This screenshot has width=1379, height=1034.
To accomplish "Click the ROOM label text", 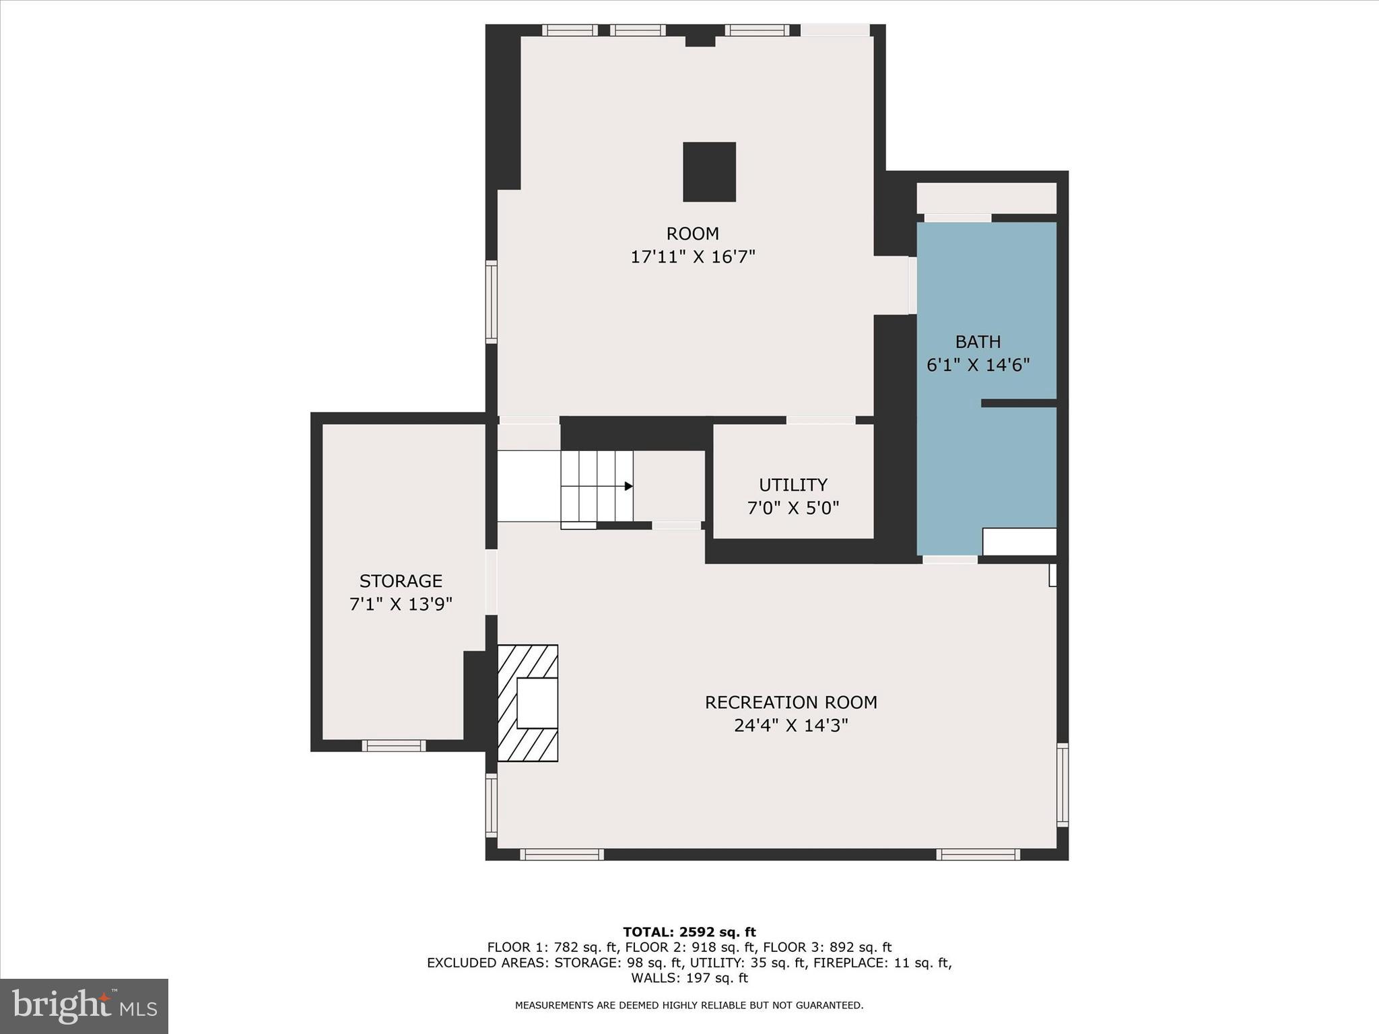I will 692,234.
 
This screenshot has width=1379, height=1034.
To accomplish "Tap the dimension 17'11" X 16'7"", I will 692,257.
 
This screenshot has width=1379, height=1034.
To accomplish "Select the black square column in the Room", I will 709,172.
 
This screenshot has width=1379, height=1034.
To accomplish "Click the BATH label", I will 978,342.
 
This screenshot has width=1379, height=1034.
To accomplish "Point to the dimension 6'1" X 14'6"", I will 978,365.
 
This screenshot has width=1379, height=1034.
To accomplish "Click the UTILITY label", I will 793,485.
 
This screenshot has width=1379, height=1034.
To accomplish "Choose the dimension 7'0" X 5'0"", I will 793,508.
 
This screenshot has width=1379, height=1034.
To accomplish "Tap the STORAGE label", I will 401,581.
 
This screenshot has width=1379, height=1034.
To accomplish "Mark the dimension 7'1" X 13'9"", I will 401,604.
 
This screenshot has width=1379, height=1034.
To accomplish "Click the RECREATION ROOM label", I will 791,702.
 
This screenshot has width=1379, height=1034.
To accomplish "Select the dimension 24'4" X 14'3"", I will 791,726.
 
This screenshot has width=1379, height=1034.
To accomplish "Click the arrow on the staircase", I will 628,486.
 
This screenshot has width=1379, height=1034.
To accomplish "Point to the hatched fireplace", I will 527,703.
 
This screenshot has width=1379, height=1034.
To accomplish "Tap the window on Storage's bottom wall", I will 394,745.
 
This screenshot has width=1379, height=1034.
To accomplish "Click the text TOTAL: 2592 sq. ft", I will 689,932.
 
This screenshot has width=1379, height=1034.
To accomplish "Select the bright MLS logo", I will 84,1006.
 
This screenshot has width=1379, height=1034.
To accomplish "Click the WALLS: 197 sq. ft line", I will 689,978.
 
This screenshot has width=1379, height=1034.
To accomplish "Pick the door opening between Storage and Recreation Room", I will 492,582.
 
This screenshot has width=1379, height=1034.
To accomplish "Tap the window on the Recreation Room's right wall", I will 1062,784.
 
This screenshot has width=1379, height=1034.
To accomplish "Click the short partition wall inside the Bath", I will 1018,403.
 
